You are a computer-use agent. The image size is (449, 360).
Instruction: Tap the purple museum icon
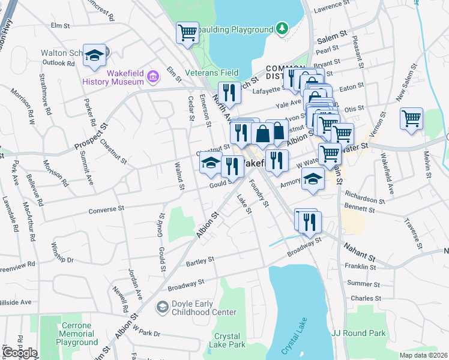[152, 77]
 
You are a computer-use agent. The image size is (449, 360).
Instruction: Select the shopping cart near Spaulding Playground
[187, 32]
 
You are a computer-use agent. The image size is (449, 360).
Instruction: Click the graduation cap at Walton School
[94, 55]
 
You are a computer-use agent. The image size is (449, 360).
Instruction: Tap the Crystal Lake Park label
[227, 340]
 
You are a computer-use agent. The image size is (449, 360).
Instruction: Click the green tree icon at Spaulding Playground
[281, 28]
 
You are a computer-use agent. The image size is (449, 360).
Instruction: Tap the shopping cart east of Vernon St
[411, 118]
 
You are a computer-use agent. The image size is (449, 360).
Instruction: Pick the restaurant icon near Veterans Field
[228, 92]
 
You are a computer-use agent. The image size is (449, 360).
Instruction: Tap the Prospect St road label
[90, 138]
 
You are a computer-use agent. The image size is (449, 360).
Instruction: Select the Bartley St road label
[200, 260]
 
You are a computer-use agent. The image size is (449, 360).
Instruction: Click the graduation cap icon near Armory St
[312, 178]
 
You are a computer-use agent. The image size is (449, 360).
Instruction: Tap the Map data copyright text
[424, 355]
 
